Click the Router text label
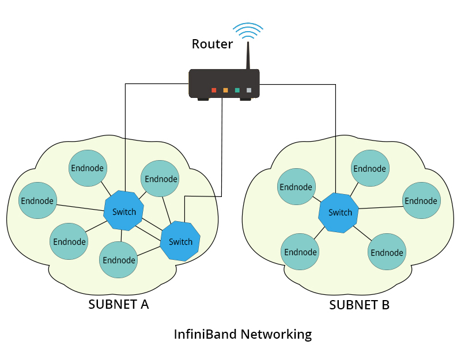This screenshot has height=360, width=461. [212, 44]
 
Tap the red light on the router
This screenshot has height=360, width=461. [214, 90]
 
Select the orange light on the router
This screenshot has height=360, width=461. [225, 90]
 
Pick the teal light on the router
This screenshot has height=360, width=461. [237, 90]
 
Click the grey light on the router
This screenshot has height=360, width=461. [249, 90]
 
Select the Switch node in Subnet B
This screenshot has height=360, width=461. [339, 212]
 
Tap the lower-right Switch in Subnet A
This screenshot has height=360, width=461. [180, 241]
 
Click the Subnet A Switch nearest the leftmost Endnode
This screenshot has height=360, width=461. [124, 211]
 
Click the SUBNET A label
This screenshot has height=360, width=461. [119, 305]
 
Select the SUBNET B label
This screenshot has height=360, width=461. [359, 305]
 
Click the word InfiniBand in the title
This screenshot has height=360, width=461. [206, 334]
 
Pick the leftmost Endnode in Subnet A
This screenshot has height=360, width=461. [37, 200]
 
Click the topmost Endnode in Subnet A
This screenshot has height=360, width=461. [87, 168]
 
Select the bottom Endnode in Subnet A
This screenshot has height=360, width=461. [119, 260]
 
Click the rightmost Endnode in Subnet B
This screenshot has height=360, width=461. [421, 200]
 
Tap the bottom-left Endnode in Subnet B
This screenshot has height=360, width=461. [300, 252]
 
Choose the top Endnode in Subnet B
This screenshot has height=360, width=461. [369, 168]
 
